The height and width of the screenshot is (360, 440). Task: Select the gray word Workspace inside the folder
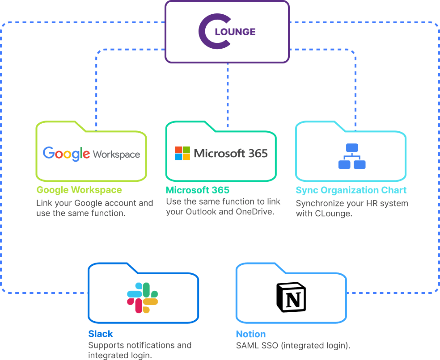[x=116, y=155]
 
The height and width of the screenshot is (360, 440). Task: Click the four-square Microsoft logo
[x=182, y=153]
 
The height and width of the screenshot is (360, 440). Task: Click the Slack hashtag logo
[x=143, y=297]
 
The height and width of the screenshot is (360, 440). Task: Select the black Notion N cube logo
[x=291, y=297]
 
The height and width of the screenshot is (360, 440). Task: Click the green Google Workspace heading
[x=79, y=190]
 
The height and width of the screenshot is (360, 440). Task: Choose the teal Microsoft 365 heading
[x=197, y=190]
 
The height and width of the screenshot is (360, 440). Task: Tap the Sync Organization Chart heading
[x=351, y=190]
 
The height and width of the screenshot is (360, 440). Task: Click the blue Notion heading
[x=250, y=334]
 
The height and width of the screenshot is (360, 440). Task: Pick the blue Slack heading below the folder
[x=100, y=334]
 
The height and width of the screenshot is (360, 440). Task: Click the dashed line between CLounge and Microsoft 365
[x=227, y=92]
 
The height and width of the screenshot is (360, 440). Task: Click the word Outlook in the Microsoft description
[x=200, y=212]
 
